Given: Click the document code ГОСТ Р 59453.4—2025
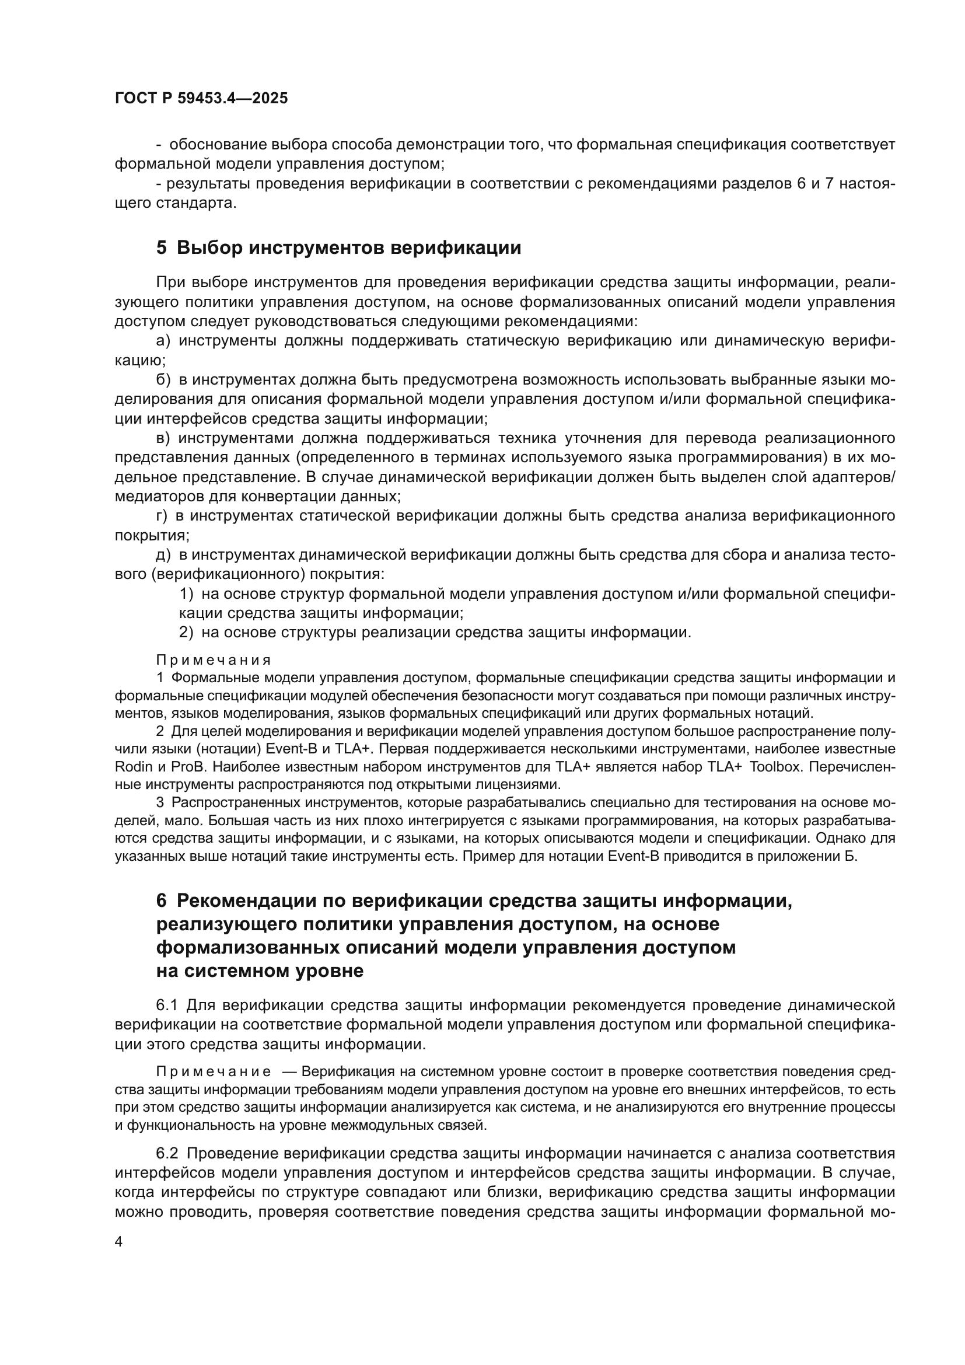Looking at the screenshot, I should click(x=201, y=99).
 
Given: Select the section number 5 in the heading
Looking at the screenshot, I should click(x=162, y=247).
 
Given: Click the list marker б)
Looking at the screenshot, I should click(x=163, y=380).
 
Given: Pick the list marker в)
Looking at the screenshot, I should click(x=163, y=438).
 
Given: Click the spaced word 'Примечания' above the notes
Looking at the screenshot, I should click(x=214, y=661).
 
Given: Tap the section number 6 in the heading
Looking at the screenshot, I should click(x=162, y=900).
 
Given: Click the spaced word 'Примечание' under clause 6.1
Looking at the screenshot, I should click(x=214, y=1072).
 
